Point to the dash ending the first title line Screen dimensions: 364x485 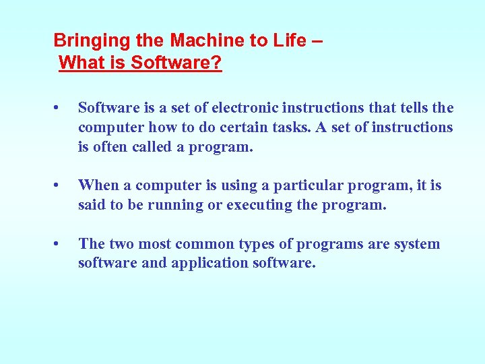pyautogui.click(x=317, y=41)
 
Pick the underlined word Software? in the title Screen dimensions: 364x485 pyautogui.click(x=176, y=63)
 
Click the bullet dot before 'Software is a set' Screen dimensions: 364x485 pyautogui.click(x=59, y=108)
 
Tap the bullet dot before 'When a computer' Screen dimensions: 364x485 pyautogui.click(x=59, y=185)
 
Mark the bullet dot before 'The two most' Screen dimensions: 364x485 pyautogui.click(x=59, y=244)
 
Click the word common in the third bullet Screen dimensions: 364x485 pyautogui.click(x=198, y=244)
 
